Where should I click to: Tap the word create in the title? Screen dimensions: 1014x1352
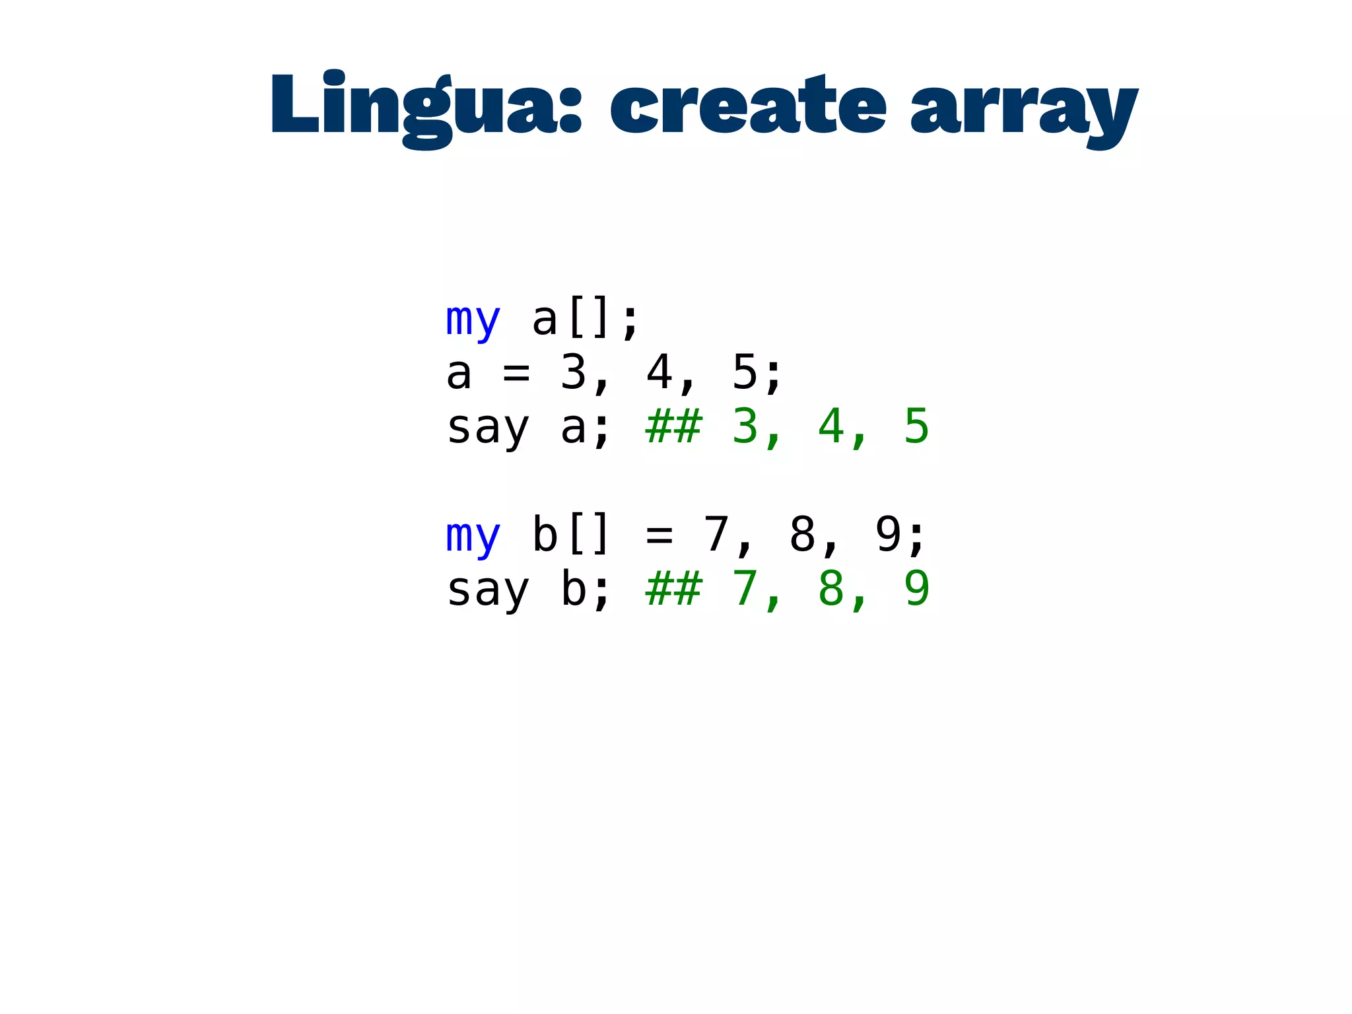(747, 106)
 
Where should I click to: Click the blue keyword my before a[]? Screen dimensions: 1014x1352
(473, 320)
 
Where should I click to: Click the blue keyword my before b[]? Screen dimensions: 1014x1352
(473, 535)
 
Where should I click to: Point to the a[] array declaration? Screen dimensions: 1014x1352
(572, 319)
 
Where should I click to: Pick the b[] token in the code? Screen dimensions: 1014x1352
(572, 534)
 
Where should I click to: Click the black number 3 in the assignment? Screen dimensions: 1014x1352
(573, 373)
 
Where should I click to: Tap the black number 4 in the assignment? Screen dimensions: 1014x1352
(659, 373)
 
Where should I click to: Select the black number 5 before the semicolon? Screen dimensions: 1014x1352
(745, 373)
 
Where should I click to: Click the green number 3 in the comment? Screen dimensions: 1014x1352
(745, 427)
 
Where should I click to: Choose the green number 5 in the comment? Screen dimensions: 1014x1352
(916, 427)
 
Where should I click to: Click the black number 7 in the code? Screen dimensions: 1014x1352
(716, 534)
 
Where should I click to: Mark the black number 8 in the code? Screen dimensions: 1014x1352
(802, 534)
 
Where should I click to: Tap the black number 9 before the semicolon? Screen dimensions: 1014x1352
(888, 534)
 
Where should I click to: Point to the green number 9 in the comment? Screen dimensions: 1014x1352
(916, 588)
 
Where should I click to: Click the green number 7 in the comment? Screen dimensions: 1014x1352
(745, 588)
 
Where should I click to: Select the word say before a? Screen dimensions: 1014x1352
(489, 428)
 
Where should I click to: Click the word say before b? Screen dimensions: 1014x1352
(489, 590)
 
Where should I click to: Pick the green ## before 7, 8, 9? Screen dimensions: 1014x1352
(673, 588)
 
